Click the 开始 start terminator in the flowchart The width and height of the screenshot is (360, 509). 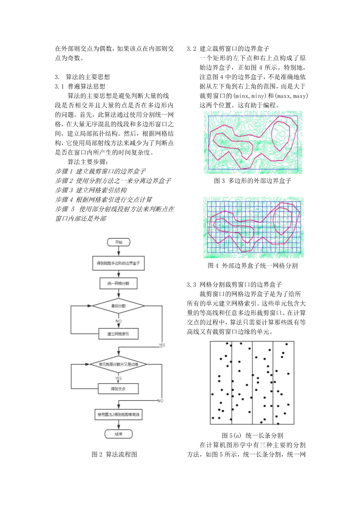[119, 242]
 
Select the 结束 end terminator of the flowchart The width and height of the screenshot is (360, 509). [119, 434]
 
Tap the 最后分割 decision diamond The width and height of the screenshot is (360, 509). [119, 306]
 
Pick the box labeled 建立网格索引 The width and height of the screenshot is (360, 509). [119, 334]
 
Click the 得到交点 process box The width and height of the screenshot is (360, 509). [119, 388]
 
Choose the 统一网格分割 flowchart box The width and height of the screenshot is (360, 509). [119, 283]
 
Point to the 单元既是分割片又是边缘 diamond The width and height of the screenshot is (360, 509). [119, 364]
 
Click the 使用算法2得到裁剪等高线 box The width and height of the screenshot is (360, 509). [119, 415]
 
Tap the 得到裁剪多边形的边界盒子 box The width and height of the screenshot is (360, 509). [119, 263]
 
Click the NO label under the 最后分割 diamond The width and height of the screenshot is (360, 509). [119, 321]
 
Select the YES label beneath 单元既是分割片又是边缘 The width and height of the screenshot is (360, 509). [119, 378]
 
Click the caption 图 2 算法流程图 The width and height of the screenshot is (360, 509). [114, 454]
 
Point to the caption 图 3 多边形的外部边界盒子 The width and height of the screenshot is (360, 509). [253, 181]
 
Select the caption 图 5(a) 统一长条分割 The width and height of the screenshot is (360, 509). [252, 436]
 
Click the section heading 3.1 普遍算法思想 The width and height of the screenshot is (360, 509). [80, 86]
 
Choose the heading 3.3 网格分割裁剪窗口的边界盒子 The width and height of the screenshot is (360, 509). [234, 285]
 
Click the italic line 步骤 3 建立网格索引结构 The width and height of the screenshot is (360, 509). [91, 190]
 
